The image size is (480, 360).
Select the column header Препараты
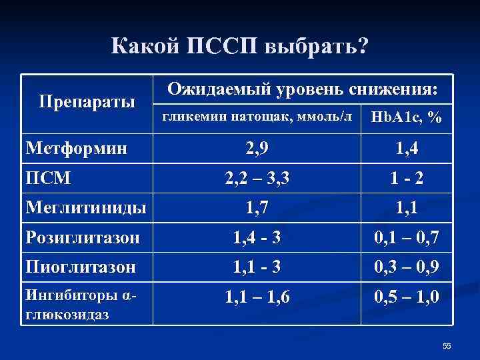[87, 102]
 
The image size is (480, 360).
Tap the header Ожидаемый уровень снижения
[303, 89]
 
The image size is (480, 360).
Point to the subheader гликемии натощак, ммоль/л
[257, 117]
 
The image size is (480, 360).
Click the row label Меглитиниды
[85, 208]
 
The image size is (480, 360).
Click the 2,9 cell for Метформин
[257, 148]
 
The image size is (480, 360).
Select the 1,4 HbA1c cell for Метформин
[407, 148]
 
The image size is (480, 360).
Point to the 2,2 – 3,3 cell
[257, 178]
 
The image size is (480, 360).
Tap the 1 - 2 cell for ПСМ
[407, 178]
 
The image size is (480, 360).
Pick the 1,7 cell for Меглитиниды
[257, 208]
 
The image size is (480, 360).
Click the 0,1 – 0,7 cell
[407, 237]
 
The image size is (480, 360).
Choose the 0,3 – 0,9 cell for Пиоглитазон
[407, 267]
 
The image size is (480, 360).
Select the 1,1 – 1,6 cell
[257, 297]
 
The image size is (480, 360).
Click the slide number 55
[447, 345]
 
